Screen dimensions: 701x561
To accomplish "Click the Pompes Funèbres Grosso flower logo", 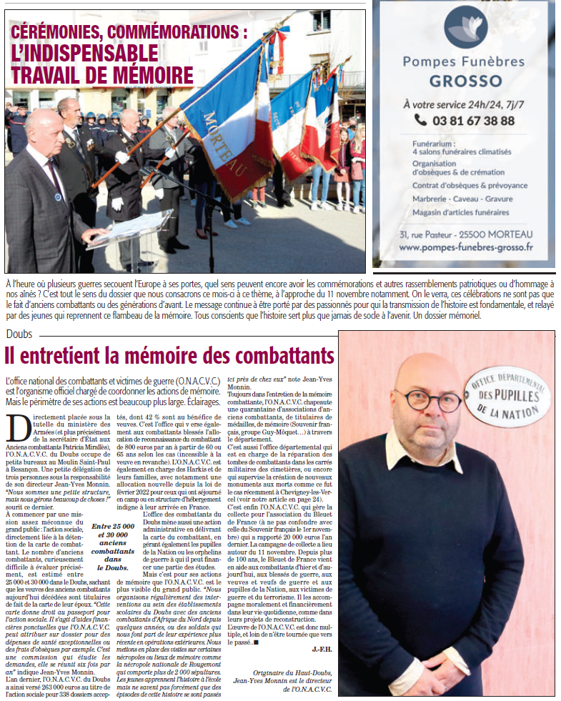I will click(466, 27).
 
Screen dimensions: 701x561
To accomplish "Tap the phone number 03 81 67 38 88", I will click(473, 121).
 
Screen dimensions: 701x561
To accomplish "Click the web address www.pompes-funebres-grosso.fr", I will click(466, 247).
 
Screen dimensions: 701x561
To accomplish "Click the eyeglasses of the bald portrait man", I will click(428, 400).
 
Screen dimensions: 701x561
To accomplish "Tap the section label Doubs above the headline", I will click(19, 334).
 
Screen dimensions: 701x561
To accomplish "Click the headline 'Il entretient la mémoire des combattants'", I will click(169, 355).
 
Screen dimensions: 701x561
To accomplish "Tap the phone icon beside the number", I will click(422, 121).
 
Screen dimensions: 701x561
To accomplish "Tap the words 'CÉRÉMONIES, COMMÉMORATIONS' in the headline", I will click(129, 32).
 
